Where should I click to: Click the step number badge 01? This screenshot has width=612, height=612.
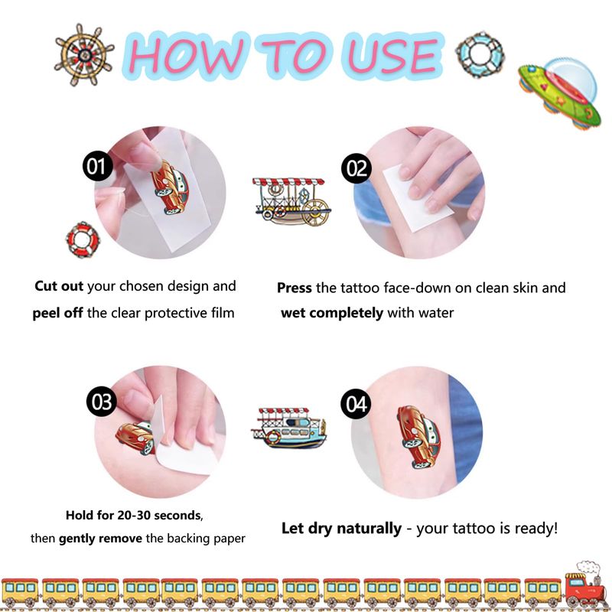98,166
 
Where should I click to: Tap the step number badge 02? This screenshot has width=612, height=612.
356,168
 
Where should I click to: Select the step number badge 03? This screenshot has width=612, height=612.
102,401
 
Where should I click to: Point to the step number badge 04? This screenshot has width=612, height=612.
356,404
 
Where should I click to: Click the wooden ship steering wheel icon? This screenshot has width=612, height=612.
83,55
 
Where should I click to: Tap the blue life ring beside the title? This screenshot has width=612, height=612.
480,54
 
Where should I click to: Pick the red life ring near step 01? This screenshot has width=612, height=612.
83,239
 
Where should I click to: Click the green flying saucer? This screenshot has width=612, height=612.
560,92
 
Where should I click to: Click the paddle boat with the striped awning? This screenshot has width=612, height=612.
292,201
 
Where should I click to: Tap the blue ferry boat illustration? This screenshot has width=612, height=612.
289,428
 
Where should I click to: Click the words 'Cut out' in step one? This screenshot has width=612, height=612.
59,286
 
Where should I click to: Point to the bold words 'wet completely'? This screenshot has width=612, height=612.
332,313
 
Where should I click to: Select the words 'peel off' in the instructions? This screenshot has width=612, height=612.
57,313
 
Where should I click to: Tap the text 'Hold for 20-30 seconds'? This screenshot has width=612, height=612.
134,515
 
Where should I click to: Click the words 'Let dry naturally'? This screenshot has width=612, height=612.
341,528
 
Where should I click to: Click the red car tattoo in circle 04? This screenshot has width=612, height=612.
419,436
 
